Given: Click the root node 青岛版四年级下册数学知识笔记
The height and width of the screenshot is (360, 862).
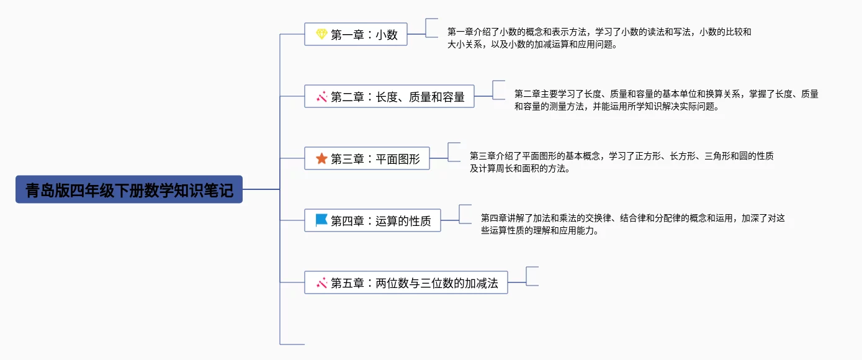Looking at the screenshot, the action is [129, 189].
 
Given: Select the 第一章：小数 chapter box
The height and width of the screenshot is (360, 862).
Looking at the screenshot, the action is [356, 34].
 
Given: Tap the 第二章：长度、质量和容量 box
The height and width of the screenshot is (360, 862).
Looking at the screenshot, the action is [389, 96].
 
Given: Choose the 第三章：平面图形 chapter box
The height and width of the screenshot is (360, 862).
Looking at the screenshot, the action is [367, 158].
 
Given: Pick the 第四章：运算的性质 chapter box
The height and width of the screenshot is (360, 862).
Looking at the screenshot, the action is [372, 220].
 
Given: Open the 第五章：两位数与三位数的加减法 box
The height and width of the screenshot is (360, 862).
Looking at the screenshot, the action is [406, 282].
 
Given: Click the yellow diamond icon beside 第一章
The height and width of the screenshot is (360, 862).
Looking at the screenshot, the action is [321, 34].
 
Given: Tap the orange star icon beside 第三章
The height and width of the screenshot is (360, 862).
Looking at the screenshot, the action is [321, 158].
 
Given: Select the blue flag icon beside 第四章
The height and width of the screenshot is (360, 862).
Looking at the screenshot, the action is [321, 220].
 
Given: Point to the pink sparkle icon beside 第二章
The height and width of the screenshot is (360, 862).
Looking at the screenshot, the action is [321, 97].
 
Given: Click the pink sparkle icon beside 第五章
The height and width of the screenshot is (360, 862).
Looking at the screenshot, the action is [321, 283].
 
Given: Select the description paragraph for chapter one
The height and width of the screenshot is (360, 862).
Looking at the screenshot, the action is [599, 38].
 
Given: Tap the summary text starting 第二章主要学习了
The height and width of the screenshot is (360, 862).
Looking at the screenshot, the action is [666, 100].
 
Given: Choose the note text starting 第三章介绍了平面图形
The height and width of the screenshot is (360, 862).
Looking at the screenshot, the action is [621, 162].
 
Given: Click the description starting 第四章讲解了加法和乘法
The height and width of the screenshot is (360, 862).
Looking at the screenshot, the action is [632, 224].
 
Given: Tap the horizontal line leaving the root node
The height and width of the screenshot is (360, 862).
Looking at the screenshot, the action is [261, 189].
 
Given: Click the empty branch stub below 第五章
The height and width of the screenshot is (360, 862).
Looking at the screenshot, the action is [292, 344].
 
